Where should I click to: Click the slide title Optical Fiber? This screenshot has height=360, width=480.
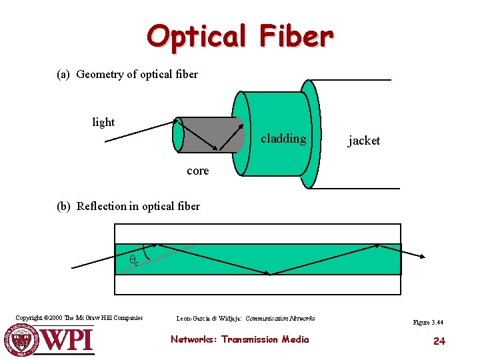[x=239, y=36]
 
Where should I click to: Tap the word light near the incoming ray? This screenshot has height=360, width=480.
[x=103, y=122]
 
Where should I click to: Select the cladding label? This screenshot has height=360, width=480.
[x=283, y=139]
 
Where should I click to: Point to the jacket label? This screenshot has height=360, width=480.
[x=364, y=140]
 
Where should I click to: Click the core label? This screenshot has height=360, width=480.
[x=198, y=171]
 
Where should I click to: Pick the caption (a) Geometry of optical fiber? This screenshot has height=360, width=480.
[x=127, y=74]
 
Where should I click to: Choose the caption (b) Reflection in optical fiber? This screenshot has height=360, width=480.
[x=129, y=206]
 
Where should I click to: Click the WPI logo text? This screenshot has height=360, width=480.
[x=68, y=341]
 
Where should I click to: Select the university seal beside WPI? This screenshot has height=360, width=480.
[x=23, y=340]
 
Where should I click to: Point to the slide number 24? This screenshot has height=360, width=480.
[x=439, y=341]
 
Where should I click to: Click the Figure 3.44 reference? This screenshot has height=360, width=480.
[x=428, y=323]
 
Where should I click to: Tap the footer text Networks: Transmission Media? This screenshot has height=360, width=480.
[x=240, y=339]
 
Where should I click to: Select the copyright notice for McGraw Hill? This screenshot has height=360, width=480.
[x=79, y=318]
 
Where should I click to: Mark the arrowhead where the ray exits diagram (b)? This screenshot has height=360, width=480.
[x=423, y=255]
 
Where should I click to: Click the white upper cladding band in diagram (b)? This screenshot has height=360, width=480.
[x=258, y=233]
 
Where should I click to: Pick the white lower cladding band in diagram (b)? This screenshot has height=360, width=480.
[x=258, y=285]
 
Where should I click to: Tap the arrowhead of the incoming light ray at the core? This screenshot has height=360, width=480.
[x=177, y=121]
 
